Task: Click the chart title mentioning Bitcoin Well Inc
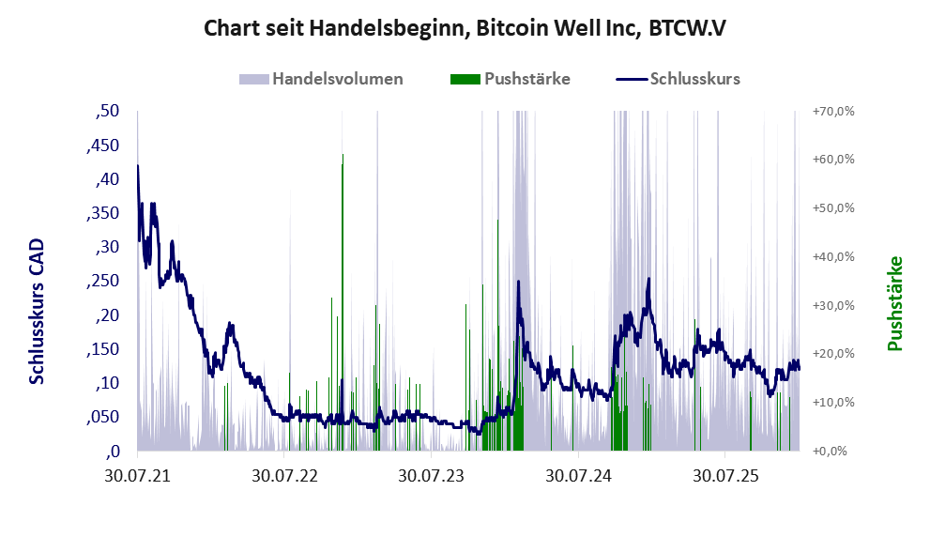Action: coord(465,28)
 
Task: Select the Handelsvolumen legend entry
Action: coord(337,79)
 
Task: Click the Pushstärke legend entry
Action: coord(526,79)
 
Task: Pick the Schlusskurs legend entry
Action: coord(694,79)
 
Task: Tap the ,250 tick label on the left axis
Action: coord(104,281)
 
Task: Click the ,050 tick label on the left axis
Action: coord(104,417)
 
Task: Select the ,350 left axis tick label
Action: coord(104,213)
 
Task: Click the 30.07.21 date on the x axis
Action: coord(137,476)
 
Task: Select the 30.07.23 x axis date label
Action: coord(432,476)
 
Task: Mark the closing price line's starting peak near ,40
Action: coord(138,167)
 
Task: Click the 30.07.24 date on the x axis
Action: coord(579,476)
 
